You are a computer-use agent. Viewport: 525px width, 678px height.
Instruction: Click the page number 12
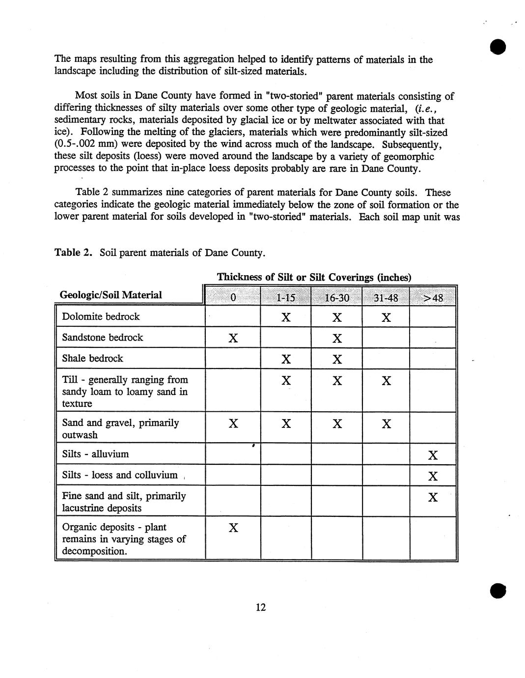tap(260, 608)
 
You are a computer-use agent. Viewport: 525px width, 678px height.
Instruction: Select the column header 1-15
tap(286, 298)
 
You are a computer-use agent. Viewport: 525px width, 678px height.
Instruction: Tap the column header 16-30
tap(336, 298)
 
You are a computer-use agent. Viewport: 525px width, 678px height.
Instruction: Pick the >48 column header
tap(433, 298)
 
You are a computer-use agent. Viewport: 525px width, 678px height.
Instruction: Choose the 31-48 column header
tap(386, 298)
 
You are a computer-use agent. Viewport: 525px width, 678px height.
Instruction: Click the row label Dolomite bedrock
tap(101, 316)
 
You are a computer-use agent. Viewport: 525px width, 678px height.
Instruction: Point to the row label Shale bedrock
tap(92, 358)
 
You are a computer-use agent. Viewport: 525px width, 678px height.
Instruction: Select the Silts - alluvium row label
tap(95, 454)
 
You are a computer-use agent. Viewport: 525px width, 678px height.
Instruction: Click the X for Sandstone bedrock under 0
tap(233, 338)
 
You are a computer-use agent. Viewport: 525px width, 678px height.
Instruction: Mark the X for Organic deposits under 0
tap(233, 528)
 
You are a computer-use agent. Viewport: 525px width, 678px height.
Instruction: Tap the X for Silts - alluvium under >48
tap(433, 455)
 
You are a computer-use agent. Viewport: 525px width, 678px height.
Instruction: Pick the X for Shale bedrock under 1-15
tap(286, 359)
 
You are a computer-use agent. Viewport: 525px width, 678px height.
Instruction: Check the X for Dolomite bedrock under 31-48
tap(386, 318)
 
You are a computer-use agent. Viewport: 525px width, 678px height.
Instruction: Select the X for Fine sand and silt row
tap(433, 497)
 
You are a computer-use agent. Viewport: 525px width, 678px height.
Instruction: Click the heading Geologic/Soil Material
tap(111, 295)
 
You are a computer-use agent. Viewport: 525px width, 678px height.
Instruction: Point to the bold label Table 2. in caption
tap(73, 253)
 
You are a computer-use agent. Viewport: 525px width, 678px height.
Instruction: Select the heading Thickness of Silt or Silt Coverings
tap(314, 277)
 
